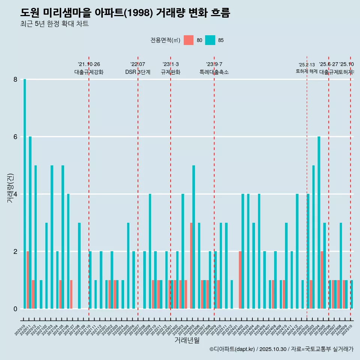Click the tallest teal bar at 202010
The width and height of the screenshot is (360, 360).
click(25, 194)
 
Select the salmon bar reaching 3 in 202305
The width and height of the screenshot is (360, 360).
click(191, 265)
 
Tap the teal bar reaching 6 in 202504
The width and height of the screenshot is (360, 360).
click(319, 222)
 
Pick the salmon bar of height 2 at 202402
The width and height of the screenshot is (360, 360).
click(240, 280)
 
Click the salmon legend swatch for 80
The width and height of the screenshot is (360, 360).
click(189, 40)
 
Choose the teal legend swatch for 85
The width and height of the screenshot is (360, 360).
click(210, 40)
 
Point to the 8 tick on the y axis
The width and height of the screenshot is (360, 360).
click(15, 79)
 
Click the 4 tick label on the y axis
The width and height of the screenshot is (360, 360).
click(15, 194)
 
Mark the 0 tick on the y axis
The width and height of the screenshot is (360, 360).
click(15, 309)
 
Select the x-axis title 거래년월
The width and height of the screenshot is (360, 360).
click(187, 340)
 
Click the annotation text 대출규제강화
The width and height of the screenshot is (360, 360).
click(89, 72)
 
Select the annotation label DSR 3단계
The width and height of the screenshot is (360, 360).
click(138, 72)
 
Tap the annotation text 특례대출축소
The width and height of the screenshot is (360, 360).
click(214, 72)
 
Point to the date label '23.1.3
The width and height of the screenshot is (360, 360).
click(171, 64)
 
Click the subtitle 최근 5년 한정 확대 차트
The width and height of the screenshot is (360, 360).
click(54, 24)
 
